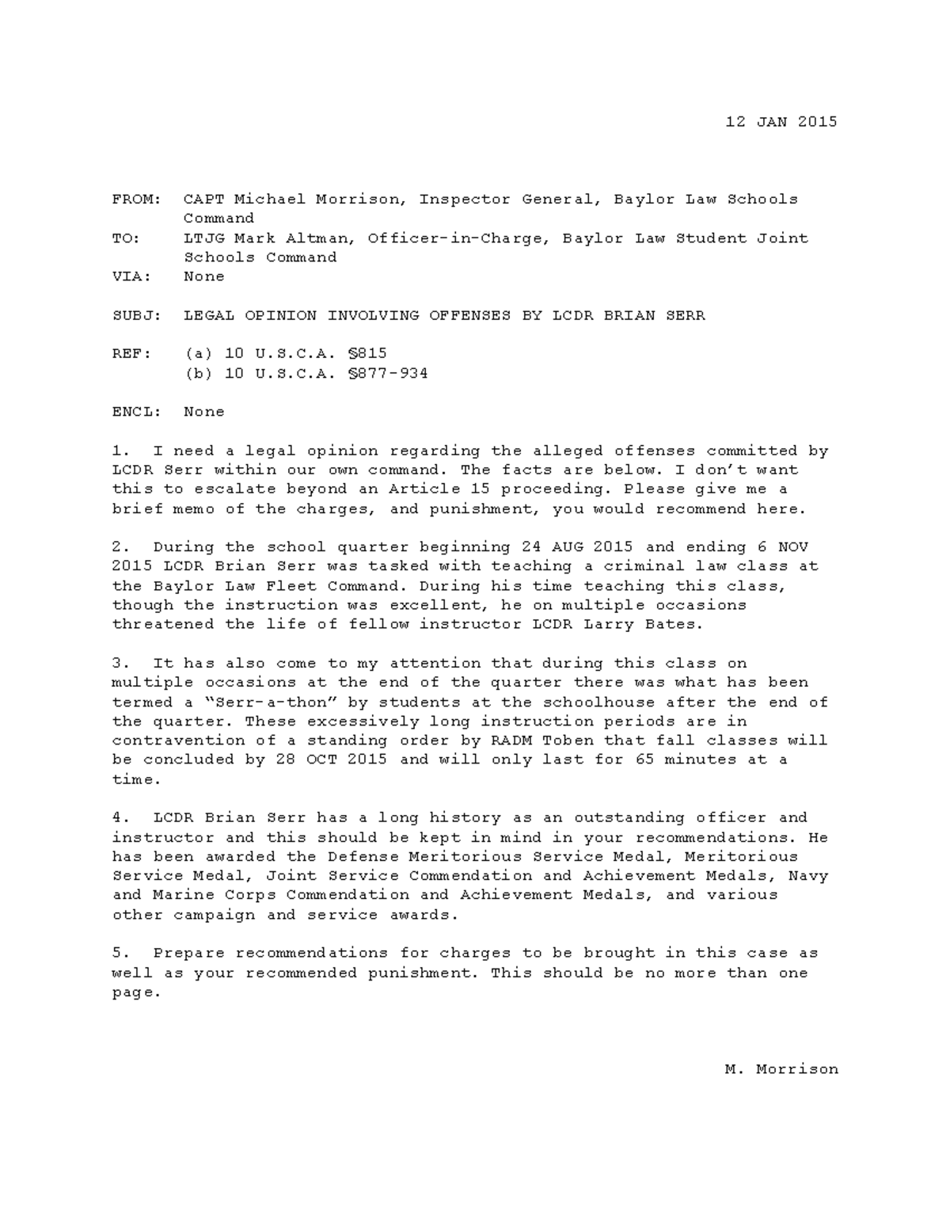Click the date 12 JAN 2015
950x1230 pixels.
[x=781, y=122]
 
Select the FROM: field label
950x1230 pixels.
[x=137, y=200]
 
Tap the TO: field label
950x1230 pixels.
[x=127, y=238]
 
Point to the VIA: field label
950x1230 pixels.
[x=131, y=276]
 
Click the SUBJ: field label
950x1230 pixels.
[x=137, y=315]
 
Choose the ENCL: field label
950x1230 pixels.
[x=137, y=412]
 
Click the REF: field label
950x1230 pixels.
[x=131, y=353]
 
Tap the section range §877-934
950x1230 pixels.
[x=388, y=373]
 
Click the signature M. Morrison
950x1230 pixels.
[x=781, y=1069]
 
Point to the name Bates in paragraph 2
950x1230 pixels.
[x=675, y=624]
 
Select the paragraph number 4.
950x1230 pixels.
[x=116, y=817]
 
